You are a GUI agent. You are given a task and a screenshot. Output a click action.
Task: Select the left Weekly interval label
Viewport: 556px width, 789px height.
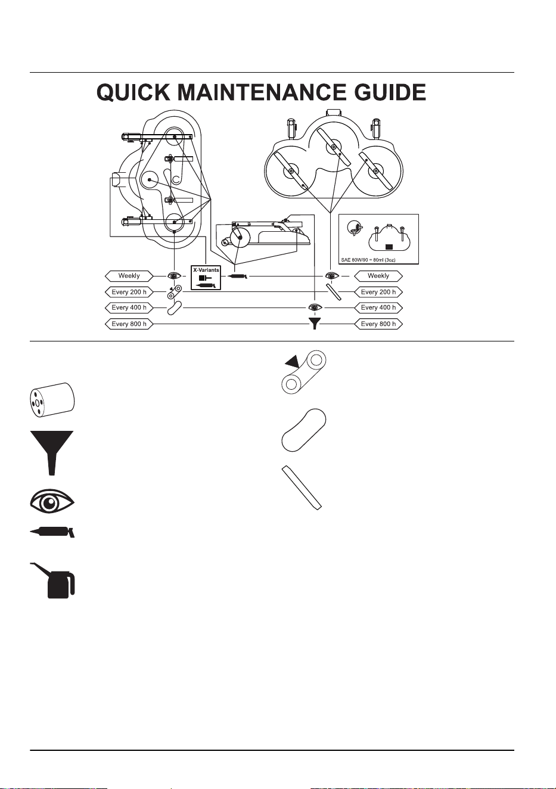click(x=129, y=276)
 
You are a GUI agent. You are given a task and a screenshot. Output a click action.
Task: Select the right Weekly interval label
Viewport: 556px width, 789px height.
click(x=378, y=276)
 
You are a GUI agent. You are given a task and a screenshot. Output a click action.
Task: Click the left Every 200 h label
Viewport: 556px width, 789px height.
click(x=129, y=292)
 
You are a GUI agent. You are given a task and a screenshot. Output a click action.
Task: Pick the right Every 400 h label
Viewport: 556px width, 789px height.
click(x=378, y=308)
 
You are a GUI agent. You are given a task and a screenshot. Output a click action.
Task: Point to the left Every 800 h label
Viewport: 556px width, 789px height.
click(x=129, y=324)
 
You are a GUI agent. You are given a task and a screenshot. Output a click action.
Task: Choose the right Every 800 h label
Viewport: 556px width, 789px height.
click(x=378, y=324)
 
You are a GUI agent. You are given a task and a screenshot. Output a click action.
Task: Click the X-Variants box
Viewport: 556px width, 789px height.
click(x=206, y=278)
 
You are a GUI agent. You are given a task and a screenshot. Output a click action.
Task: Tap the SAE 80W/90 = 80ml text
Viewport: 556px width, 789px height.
click(x=368, y=260)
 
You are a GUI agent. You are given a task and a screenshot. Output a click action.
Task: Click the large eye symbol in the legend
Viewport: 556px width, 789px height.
click(x=52, y=501)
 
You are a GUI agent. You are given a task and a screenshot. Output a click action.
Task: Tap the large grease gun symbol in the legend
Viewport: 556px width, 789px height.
click(x=52, y=532)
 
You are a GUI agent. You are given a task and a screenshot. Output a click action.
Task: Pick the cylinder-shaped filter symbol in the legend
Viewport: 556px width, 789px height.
click(x=52, y=400)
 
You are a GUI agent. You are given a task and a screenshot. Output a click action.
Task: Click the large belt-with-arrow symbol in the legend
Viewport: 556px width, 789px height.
click(x=304, y=372)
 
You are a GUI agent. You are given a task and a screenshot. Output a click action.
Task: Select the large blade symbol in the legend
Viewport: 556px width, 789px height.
click(x=302, y=488)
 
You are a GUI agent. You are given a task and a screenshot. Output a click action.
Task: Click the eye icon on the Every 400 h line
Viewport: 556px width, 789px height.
click(x=315, y=308)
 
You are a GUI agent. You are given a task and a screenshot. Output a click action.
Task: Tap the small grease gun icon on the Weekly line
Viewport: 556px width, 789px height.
click(x=238, y=277)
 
